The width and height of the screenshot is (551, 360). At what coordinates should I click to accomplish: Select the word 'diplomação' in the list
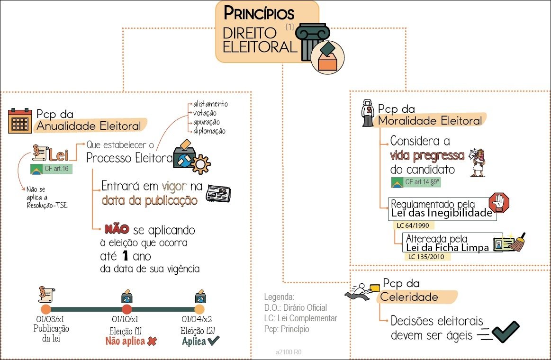[209, 131]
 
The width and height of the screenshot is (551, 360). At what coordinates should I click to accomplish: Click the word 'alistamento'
[210, 104]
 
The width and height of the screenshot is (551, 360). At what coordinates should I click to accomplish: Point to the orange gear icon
[202, 164]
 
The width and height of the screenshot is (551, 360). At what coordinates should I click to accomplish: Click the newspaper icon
[218, 193]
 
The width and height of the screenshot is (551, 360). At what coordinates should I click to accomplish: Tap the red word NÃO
[117, 229]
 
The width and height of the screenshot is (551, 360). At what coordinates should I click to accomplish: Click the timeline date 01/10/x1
[126, 319]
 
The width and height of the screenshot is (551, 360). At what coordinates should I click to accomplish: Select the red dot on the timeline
[126, 309]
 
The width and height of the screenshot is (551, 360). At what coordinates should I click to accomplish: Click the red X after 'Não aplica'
[152, 341]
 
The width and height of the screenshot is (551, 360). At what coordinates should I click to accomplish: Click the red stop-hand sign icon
[498, 202]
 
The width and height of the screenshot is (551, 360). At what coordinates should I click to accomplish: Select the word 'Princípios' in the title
[259, 13]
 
